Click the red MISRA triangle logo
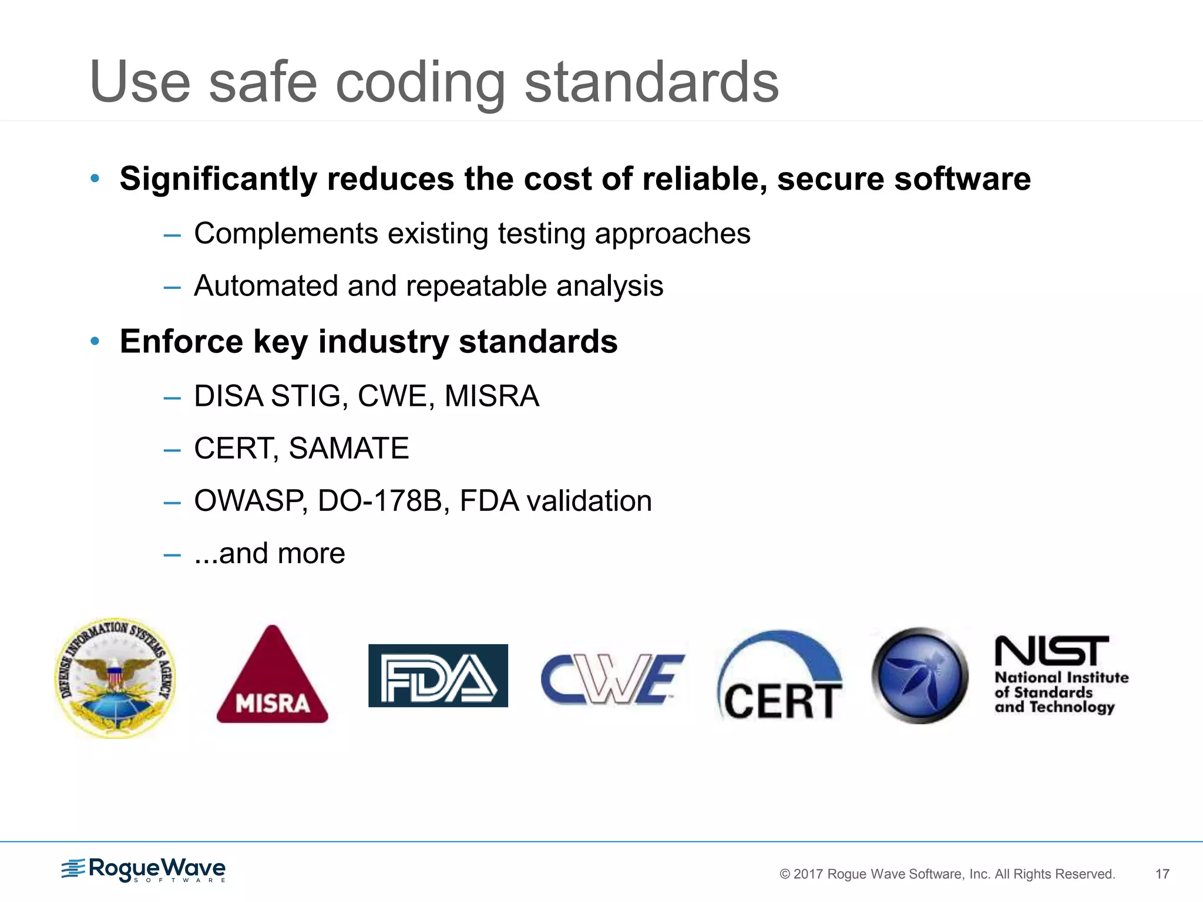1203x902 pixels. click(272, 678)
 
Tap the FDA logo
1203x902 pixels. click(438, 675)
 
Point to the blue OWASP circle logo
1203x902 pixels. click(919, 675)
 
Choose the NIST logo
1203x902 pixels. click(1060, 675)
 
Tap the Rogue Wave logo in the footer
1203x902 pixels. click(144, 870)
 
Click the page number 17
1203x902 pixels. click(1162, 874)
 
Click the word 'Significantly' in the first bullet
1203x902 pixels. click(218, 179)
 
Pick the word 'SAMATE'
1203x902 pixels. click(348, 449)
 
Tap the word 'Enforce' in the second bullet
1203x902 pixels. click(181, 341)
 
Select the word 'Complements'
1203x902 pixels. click(285, 234)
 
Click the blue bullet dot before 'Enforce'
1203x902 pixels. click(95, 341)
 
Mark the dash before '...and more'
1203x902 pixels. click(172, 554)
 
